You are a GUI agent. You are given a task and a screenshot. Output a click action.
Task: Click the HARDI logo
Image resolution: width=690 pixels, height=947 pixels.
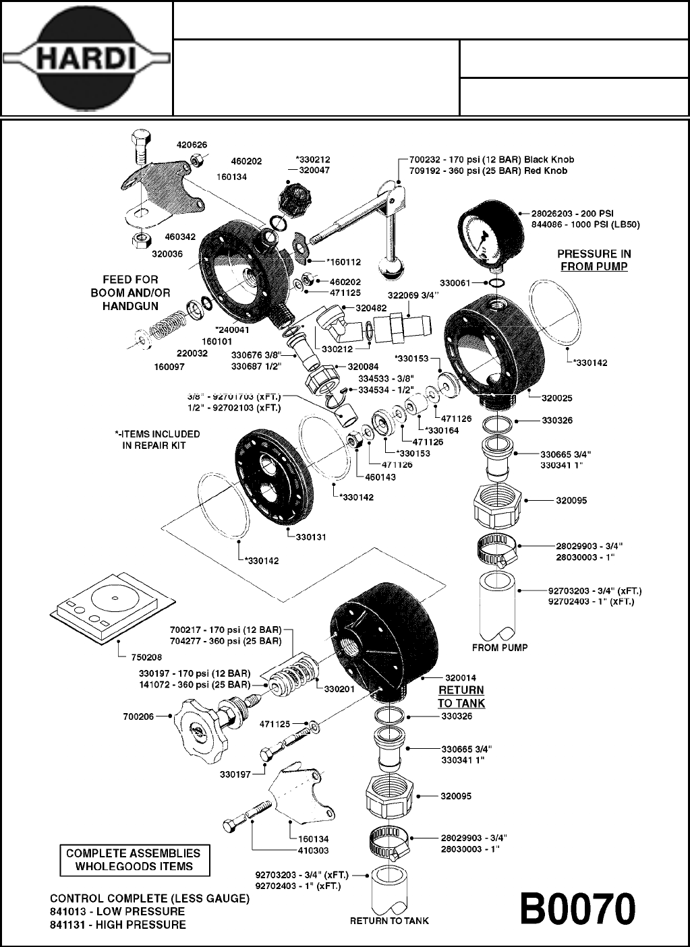[x=86, y=59]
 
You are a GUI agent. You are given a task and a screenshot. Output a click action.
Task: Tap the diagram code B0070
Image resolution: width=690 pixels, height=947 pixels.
[x=577, y=910]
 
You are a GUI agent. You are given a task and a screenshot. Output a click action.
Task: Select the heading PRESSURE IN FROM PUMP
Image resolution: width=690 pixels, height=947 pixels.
[x=594, y=260]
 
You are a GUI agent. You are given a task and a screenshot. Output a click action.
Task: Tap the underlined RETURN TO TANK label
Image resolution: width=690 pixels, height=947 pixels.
[x=461, y=697]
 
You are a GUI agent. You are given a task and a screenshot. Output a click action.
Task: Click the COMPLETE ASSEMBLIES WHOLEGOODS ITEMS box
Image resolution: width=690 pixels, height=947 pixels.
[x=133, y=860]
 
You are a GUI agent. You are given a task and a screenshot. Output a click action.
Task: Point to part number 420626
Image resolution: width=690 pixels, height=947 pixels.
[x=192, y=144]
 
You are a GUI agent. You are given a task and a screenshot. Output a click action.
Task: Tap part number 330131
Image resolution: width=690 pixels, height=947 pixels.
[x=311, y=537]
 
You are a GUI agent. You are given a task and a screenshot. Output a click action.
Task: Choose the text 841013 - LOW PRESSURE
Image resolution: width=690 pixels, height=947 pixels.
[x=117, y=911]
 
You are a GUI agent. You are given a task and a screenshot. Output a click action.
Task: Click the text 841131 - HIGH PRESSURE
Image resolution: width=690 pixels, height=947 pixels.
[x=117, y=925]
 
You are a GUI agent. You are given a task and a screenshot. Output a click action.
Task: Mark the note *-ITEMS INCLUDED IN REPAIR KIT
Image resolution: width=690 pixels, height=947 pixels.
[x=157, y=439]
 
